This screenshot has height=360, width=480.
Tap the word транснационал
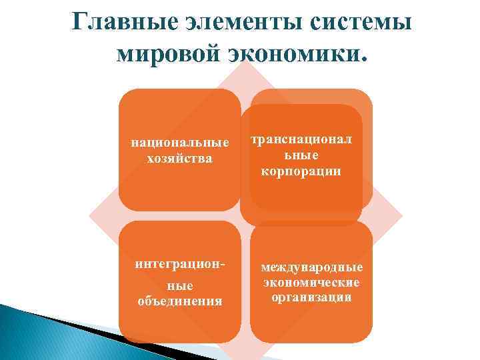point(304,140)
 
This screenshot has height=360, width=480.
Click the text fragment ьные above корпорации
point(304,155)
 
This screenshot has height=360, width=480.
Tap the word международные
point(311,268)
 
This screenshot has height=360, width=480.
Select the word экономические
point(311,283)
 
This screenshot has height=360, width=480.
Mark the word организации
point(311,297)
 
